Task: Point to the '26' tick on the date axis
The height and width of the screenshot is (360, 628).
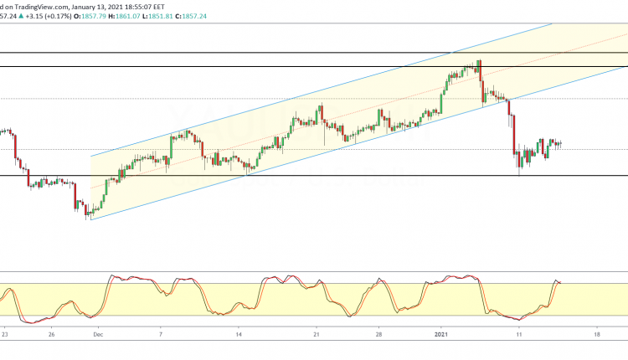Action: coord(51,334)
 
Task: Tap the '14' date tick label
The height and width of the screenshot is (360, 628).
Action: coord(239,334)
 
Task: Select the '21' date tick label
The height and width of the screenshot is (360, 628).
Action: coord(316,334)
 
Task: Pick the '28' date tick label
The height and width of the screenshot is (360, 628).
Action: coord(379,334)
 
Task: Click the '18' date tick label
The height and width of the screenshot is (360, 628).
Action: coord(596,334)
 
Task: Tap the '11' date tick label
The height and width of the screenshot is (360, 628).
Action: coord(519,334)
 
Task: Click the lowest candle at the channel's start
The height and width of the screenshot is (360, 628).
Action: coord(88,213)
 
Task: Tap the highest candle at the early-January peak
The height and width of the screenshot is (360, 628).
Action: coord(479,64)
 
